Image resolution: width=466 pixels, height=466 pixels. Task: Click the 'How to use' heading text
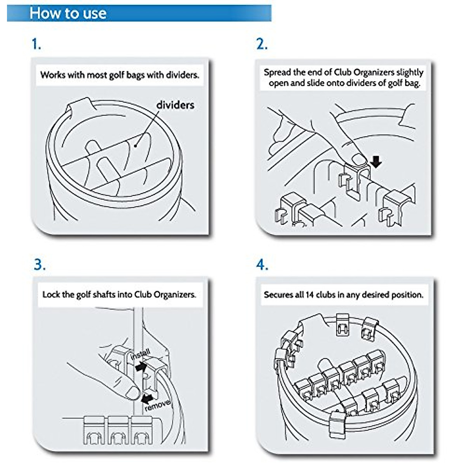coord(68,14)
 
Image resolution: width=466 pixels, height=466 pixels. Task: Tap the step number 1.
coord(36,44)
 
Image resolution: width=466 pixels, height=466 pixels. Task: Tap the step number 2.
coord(262,44)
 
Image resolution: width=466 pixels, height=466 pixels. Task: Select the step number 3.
coord(39,265)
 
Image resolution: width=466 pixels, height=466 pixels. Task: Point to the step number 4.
coord(262,265)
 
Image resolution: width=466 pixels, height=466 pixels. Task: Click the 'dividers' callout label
coord(175,105)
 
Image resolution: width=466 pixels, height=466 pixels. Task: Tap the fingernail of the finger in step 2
coord(359,159)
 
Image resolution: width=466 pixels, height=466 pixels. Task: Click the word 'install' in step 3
coord(140,355)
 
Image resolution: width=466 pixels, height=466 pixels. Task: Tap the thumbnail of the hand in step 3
coord(132,393)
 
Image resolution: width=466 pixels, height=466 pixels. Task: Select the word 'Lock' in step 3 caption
coord(51,294)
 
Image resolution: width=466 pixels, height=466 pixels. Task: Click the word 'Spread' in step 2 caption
coord(277,72)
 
